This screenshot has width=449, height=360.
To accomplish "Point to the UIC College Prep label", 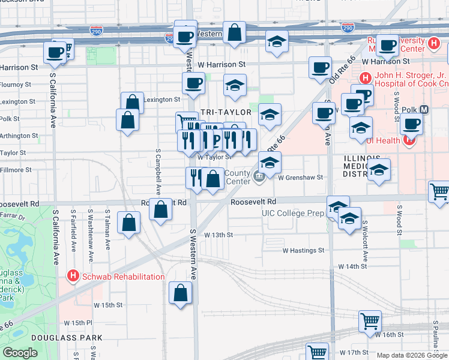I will coord(293,213).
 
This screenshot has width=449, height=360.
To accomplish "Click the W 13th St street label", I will coord(218,235).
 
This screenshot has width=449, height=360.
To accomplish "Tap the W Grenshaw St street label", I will coord(300,178).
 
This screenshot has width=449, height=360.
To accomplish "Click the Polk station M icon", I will coord(424,110).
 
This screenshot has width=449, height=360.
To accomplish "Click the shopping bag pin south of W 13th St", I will coord(181,294).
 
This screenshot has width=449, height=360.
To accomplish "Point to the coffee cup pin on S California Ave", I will coord(55,52).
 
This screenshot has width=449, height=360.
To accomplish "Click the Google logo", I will coord(20,353).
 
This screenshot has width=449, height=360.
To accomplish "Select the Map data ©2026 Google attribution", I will coord(412,355).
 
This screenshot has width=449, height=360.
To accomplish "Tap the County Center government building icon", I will coord(259,176).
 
